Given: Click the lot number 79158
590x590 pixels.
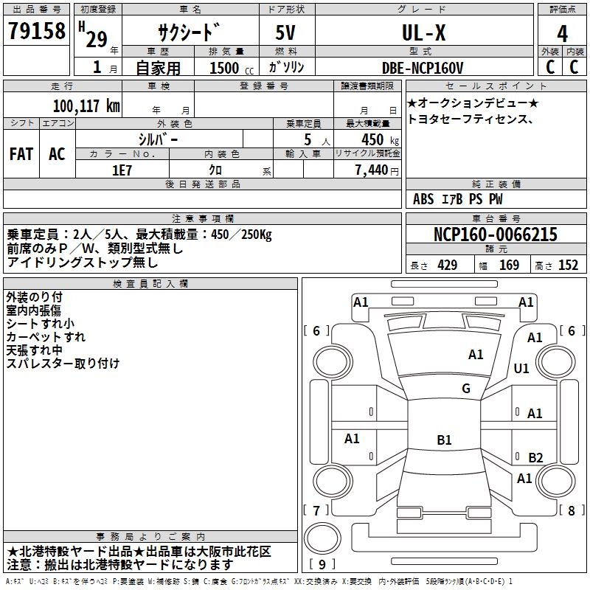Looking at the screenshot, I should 36,31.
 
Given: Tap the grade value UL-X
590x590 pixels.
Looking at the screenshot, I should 423,32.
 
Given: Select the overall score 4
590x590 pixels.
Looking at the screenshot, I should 563,33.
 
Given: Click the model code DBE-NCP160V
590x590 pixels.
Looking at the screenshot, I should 423,68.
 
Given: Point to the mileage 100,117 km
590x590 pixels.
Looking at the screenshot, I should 86,105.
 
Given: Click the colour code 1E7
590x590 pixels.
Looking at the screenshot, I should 122,169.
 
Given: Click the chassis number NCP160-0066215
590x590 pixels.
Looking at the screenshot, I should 496,235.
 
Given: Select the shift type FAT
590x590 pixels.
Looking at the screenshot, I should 21,153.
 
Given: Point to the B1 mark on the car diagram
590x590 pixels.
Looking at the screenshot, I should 444,440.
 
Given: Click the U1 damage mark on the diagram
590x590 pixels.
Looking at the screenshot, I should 521,368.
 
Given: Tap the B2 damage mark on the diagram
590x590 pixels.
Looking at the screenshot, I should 535,457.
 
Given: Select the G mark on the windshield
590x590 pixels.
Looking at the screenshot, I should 466,389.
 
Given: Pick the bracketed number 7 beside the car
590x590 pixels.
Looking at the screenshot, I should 316,510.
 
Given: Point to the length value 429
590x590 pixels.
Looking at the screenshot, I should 447,265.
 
